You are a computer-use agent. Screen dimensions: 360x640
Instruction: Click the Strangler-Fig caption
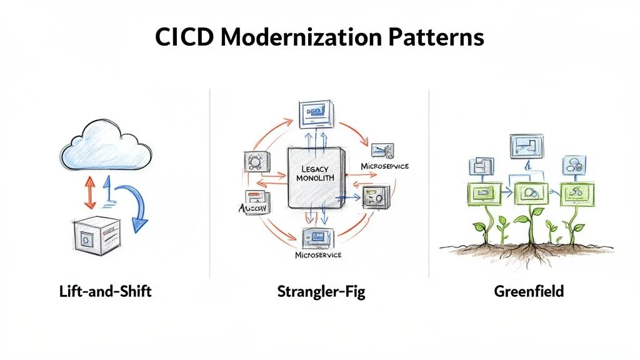pyautogui.click(x=319, y=291)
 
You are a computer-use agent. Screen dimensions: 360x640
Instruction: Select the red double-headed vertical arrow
pyautogui.click(x=89, y=191)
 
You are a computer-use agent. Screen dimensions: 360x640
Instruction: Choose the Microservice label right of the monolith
pyautogui.click(x=385, y=166)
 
